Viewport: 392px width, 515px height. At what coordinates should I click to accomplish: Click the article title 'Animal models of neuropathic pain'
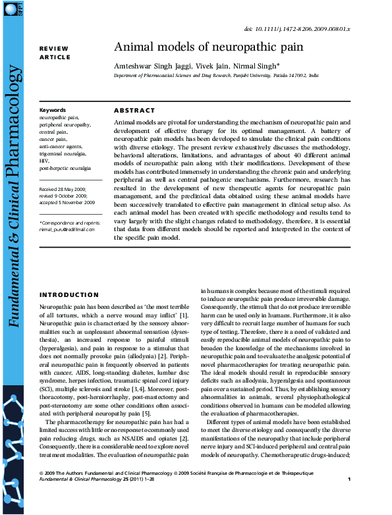pyautogui.click(x=209, y=47)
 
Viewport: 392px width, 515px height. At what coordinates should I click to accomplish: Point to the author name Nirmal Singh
pyautogui.click(x=260, y=66)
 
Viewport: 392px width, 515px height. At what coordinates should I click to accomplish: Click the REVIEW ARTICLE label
pyautogui.click(x=55, y=53)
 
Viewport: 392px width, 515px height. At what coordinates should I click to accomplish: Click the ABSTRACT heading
pyautogui.click(x=134, y=111)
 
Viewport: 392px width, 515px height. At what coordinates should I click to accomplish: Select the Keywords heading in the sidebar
pyautogui.click(x=53, y=110)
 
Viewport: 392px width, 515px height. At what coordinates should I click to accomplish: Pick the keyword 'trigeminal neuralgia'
pyautogui.click(x=63, y=153)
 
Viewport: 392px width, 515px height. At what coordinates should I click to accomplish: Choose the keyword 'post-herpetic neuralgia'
pyautogui.click(x=65, y=168)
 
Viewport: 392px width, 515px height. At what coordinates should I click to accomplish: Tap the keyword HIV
pyautogui.click(x=44, y=161)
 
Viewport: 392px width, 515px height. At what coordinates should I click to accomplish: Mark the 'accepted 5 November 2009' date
pyautogui.click(x=67, y=202)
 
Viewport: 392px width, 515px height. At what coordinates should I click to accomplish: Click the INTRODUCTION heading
pyautogui.click(x=69, y=295)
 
